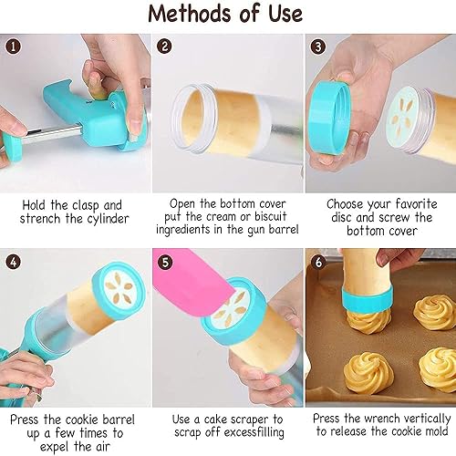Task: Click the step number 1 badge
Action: point(13,47)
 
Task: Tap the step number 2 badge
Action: point(164,47)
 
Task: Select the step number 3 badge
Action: point(318,47)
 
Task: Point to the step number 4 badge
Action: point(14,262)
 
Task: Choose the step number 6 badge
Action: point(318,262)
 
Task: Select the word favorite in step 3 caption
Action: point(417,204)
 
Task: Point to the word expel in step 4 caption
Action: point(55,447)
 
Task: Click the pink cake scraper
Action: point(192,281)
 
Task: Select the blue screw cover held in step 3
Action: point(330,117)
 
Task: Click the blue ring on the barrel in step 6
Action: point(367,299)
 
